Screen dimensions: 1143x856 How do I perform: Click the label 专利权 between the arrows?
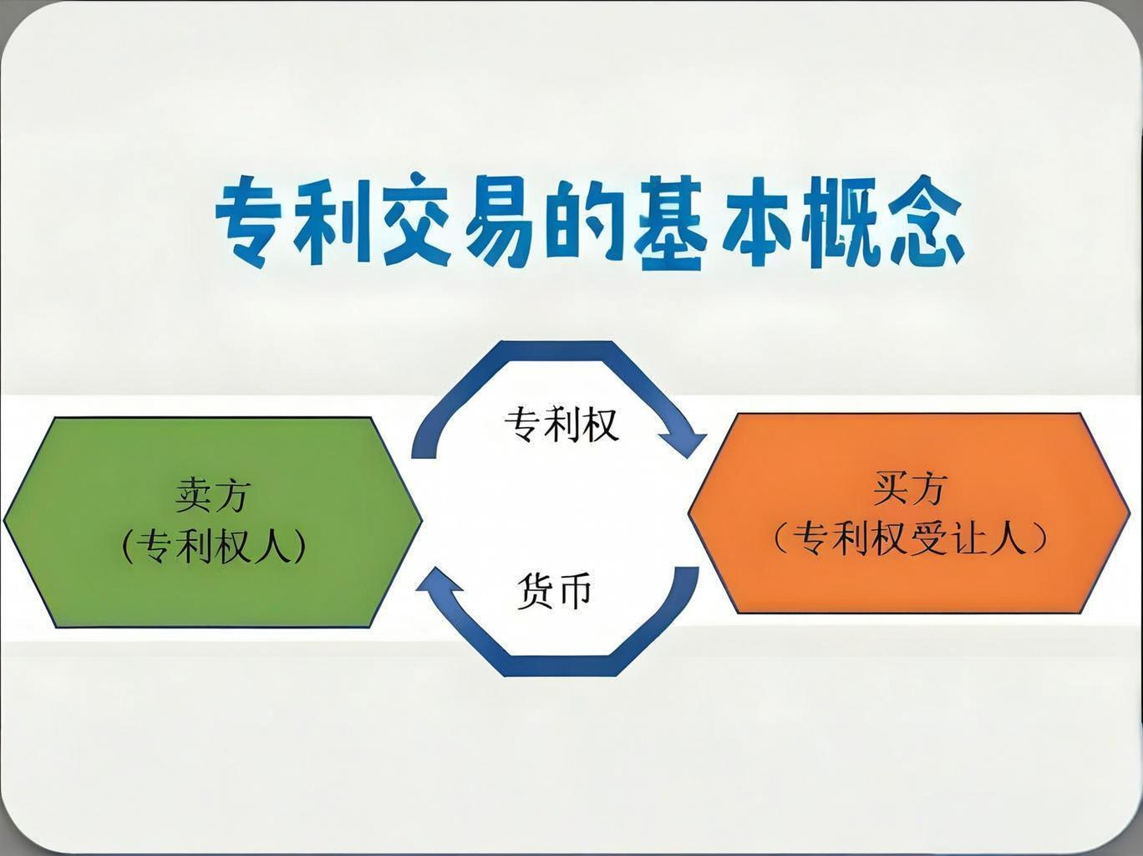point(561,425)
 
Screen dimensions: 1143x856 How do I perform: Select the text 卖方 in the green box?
point(212,496)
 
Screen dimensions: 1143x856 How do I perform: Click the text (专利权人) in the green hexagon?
point(213,546)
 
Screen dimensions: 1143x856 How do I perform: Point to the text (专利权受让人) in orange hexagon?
point(909,538)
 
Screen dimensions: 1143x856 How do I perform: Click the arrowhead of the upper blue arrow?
point(685,443)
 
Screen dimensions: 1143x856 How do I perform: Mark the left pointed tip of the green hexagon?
point(4,520)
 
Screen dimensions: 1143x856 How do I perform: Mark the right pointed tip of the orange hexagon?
point(1129,512)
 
